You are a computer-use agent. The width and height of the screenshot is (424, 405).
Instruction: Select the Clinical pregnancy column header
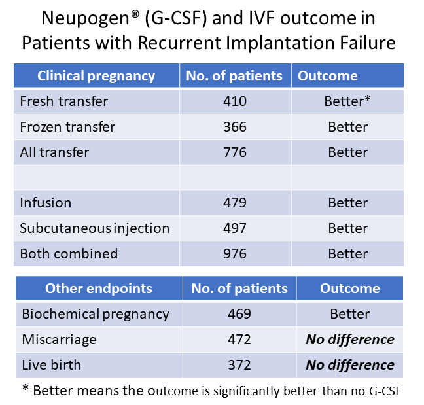point(96,76)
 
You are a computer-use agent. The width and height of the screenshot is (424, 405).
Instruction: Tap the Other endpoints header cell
point(98,289)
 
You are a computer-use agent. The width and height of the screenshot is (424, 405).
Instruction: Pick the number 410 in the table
point(234,101)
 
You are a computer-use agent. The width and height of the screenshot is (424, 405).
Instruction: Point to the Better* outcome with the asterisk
point(348,101)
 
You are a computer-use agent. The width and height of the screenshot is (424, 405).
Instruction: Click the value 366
point(234,127)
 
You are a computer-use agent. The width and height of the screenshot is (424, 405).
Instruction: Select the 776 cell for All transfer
point(234,152)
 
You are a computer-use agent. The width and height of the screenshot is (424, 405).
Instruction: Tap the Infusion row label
point(45,203)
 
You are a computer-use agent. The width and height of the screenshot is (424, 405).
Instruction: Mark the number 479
point(234,203)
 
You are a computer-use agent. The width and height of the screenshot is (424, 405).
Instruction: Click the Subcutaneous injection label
point(94,228)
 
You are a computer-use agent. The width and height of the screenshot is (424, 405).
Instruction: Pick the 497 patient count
point(234,228)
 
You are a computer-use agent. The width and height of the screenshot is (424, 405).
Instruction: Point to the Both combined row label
point(69,254)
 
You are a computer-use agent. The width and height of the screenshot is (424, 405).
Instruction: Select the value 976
point(234,254)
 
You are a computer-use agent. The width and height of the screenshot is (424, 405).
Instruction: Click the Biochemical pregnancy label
point(96,314)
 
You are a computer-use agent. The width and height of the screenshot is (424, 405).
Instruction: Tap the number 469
point(239,314)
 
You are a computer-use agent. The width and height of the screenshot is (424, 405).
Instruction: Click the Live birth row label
point(52,364)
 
